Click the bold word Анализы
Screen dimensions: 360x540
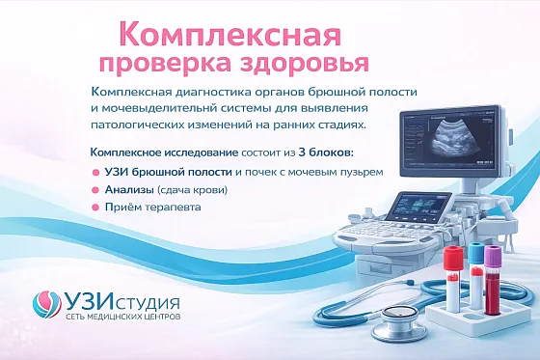[x=128, y=190]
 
